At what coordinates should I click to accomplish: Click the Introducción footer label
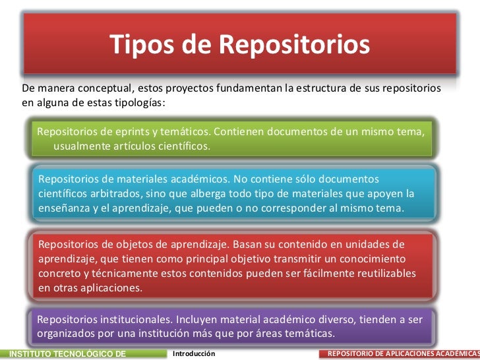194,354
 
